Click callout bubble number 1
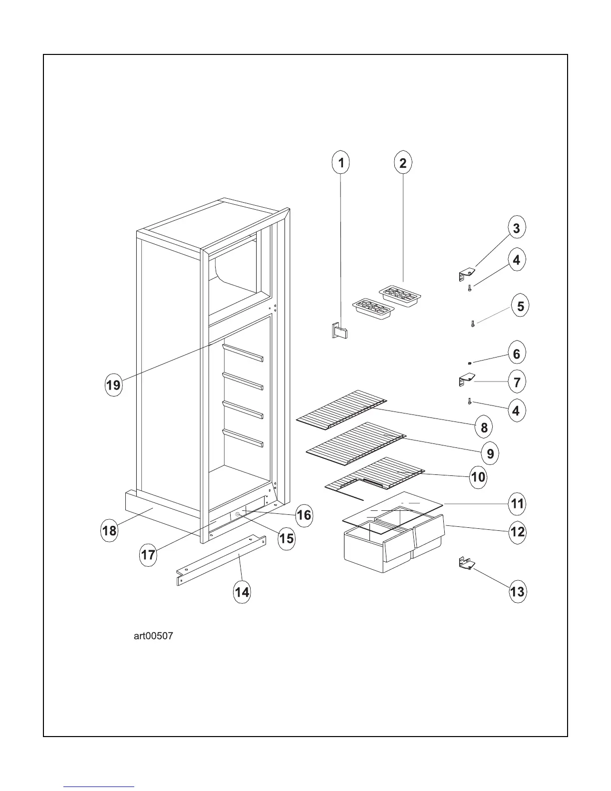341,163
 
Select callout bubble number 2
403,163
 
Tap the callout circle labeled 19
114,385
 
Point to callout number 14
242,592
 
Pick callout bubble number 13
517,592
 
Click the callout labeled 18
109,530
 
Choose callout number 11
517,503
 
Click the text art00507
153,636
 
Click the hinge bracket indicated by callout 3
466,273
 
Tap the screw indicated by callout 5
472,324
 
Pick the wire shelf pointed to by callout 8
341,407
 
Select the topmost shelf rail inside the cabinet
243,353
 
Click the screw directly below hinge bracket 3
470,288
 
